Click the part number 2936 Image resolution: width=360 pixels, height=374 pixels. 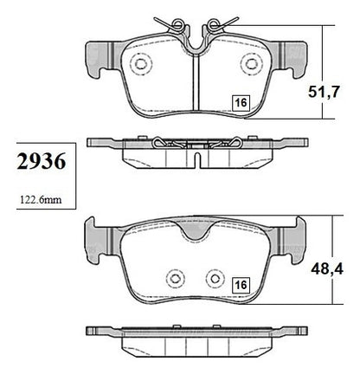(x=42, y=162)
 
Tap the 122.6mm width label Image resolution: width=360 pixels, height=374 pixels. (x=41, y=200)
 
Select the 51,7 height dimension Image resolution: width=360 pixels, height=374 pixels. (x=324, y=92)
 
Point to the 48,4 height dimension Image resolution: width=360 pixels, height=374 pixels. (x=327, y=269)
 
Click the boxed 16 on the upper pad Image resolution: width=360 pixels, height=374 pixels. (x=241, y=102)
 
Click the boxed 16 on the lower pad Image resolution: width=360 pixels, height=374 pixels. (x=241, y=285)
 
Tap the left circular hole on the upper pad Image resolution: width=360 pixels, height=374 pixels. (x=141, y=63)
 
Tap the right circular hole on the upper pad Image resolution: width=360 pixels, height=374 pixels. (x=252, y=63)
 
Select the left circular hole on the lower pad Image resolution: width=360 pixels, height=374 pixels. (x=176, y=279)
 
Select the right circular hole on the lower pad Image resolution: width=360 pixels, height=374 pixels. (x=215, y=279)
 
